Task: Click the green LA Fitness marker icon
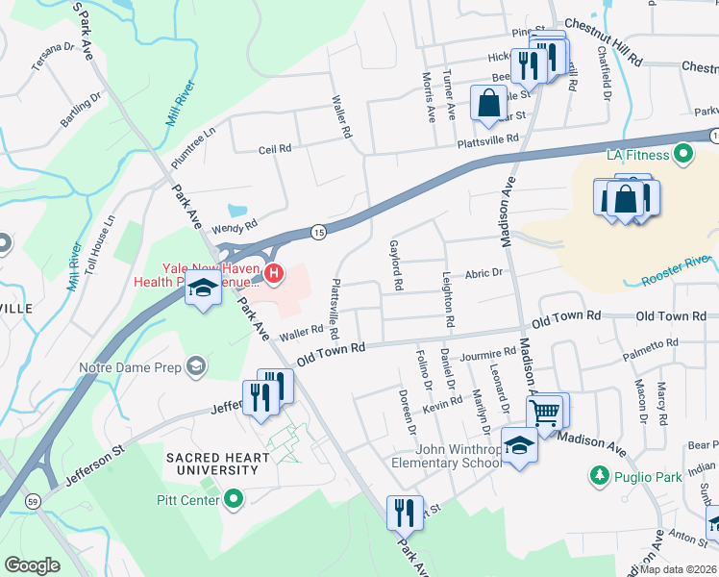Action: tap(683, 154)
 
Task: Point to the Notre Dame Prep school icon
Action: tap(196, 365)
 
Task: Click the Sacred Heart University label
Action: tap(211, 463)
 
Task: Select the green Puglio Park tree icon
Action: tap(599, 475)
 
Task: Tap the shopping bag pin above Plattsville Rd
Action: tap(488, 101)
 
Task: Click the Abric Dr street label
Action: tap(484, 273)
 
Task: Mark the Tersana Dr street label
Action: tap(52, 46)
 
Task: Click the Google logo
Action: tap(32, 564)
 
